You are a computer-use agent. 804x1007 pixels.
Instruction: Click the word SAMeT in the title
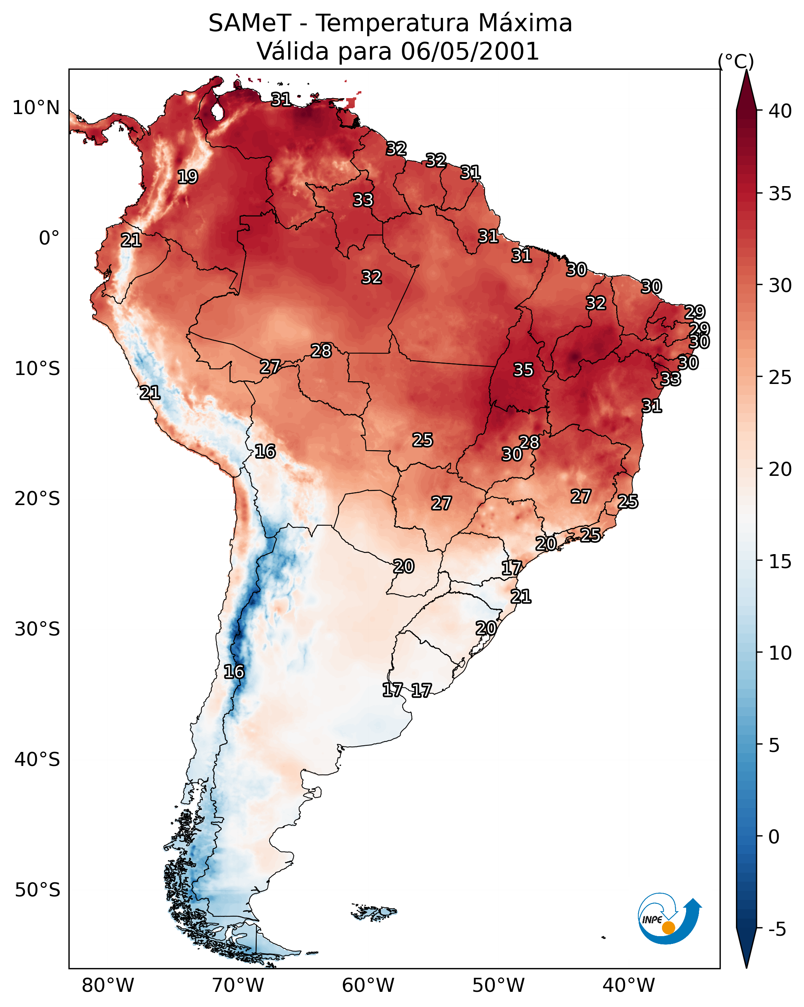pyautogui.click(x=250, y=23)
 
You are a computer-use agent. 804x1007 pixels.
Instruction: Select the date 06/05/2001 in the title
pyautogui.click(x=469, y=51)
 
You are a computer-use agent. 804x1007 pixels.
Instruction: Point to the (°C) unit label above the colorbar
pyautogui.click(x=736, y=61)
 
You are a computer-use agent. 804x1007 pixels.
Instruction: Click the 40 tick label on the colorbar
pyautogui.click(x=780, y=111)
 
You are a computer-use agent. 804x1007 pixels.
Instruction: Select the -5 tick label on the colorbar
pyautogui.click(x=776, y=930)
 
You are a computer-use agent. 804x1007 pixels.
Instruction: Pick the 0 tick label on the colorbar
pyautogui.click(x=773, y=837)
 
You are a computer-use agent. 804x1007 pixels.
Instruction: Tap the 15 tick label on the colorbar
pyautogui.click(x=780, y=562)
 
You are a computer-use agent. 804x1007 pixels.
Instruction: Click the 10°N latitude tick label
pyautogui.click(x=36, y=108)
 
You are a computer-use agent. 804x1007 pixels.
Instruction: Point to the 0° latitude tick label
pyautogui.click(x=49, y=238)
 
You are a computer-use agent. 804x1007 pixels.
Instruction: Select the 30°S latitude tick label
pyautogui.click(x=37, y=629)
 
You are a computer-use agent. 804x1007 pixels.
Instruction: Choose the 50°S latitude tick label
pyautogui.click(x=37, y=890)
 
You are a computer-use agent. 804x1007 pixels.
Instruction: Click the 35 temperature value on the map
pyautogui.click(x=523, y=370)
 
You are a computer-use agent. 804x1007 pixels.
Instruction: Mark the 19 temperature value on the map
pyautogui.click(x=187, y=177)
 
